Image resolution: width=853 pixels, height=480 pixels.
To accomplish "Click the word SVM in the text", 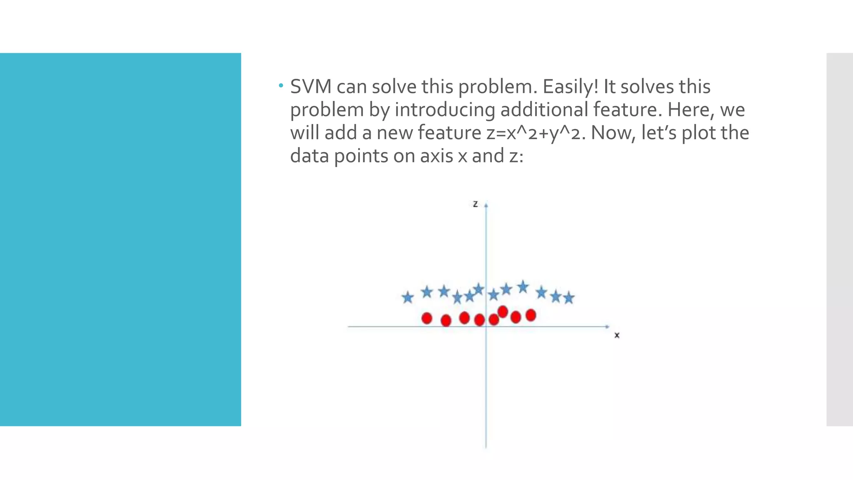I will pos(311,87).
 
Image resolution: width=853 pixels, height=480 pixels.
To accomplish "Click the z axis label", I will pos(475,204).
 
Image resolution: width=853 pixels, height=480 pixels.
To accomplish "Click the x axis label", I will pos(617,335).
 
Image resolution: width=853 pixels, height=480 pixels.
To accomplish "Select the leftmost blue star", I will pos(408,297).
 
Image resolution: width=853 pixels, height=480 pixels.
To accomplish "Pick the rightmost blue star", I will pos(569,298).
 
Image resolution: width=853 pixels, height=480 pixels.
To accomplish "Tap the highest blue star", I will pos(523,287).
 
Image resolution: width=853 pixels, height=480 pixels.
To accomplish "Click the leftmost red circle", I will pos(427,318).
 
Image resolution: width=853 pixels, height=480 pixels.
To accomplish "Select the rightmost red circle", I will pos(531,315).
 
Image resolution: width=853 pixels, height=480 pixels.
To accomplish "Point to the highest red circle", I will pos(503,312).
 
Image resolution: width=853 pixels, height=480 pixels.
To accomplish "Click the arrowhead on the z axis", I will pos(486,205).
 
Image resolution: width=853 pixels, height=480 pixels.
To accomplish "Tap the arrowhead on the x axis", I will pos(608,327).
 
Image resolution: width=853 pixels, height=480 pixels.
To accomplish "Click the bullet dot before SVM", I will pos(281,86).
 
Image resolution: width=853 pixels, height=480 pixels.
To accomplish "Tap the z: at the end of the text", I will pos(516,156).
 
